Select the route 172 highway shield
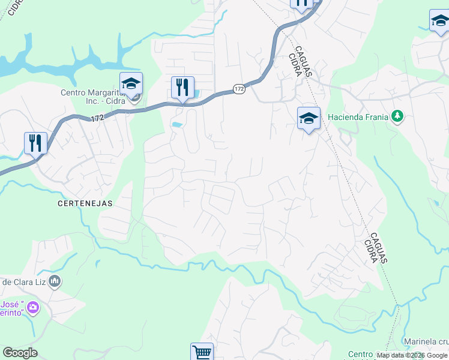point(239,89)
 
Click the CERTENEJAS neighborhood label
point(85,203)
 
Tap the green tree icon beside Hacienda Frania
point(397,116)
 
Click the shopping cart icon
point(202,352)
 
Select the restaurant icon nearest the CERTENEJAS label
point(35,143)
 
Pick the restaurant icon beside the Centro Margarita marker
point(182,88)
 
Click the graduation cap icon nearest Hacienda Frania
point(309,119)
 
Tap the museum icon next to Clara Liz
point(55,281)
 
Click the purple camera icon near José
point(32,308)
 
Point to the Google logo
point(20,353)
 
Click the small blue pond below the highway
point(177,125)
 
